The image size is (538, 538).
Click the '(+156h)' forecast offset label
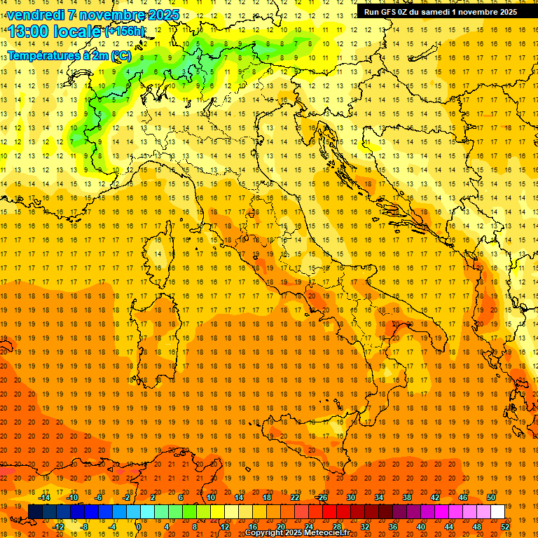coord(125,32)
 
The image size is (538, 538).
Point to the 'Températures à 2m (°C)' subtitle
coord(69,55)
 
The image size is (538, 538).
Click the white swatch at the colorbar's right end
coord(497,512)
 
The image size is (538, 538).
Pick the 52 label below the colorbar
coord(505,527)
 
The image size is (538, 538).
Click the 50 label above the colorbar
coord(490,497)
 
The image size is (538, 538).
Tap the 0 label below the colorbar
coord(139,527)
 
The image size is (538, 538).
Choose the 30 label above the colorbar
coord(350,497)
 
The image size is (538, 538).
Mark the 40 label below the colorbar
coord(420,527)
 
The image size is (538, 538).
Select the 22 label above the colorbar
coord(294,497)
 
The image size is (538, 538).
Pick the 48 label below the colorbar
coord(476,527)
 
